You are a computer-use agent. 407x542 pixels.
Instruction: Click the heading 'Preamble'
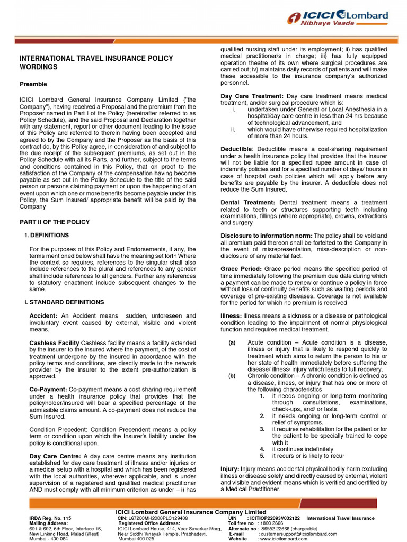[33, 84]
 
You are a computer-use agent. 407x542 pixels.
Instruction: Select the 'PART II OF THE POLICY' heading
[55, 222]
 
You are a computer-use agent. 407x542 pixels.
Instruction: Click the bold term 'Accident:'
[44, 315]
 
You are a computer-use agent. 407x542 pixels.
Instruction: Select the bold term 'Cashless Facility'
[54, 343]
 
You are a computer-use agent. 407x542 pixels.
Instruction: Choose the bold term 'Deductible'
[237, 149]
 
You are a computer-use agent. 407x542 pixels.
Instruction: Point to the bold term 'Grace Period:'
[241, 269]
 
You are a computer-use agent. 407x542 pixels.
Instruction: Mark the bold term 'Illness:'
[231, 315]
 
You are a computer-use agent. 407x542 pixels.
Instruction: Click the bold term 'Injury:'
[230, 469]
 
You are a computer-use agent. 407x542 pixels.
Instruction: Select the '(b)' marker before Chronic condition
[232, 376]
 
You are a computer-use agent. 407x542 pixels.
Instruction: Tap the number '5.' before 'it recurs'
[262, 456]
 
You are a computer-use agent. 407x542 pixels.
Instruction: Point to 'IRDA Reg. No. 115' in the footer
[49, 518]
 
